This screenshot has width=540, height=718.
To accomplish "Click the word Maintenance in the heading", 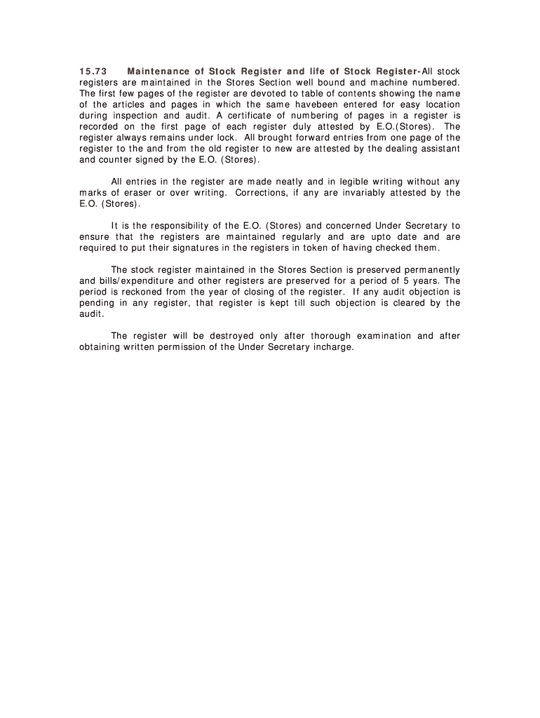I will click(x=156, y=72).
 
